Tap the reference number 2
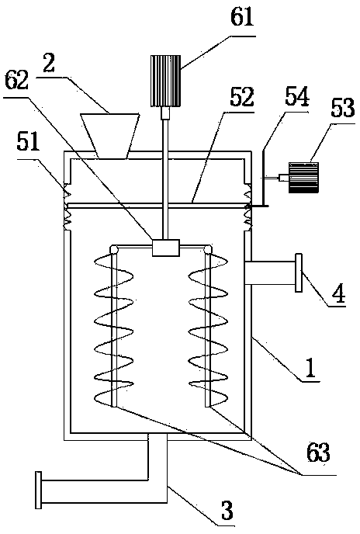[49, 64]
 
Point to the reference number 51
[28, 142]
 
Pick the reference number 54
[297, 96]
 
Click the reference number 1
[310, 369]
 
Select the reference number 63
[318, 453]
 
